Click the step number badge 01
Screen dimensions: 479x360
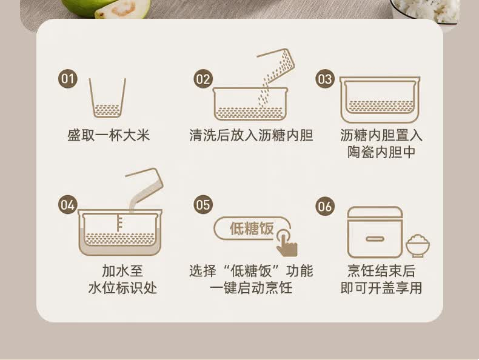click(x=67, y=79)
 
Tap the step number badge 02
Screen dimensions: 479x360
click(x=203, y=79)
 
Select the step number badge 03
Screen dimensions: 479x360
click(x=325, y=79)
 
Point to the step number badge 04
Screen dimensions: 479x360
click(x=67, y=205)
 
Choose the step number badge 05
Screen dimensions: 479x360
click(x=203, y=205)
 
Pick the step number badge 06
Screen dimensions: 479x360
click(x=325, y=207)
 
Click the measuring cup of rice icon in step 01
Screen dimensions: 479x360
click(x=107, y=98)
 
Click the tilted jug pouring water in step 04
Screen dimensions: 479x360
click(x=145, y=183)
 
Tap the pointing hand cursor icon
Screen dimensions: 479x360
click(x=286, y=243)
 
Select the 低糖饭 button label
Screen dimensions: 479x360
click(x=252, y=228)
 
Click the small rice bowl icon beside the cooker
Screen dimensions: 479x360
click(x=418, y=246)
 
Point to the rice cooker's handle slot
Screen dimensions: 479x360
click(x=375, y=239)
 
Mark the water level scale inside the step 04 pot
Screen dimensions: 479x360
click(x=119, y=223)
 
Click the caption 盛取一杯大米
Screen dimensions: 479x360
click(x=109, y=135)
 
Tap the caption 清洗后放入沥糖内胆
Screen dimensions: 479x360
click(x=251, y=135)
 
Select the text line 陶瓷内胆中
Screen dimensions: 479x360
click(x=381, y=152)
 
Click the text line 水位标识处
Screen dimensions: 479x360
click(x=122, y=288)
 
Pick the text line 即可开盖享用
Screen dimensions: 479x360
click(x=381, y=288)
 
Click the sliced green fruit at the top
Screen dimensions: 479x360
click(x=107, y=8)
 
